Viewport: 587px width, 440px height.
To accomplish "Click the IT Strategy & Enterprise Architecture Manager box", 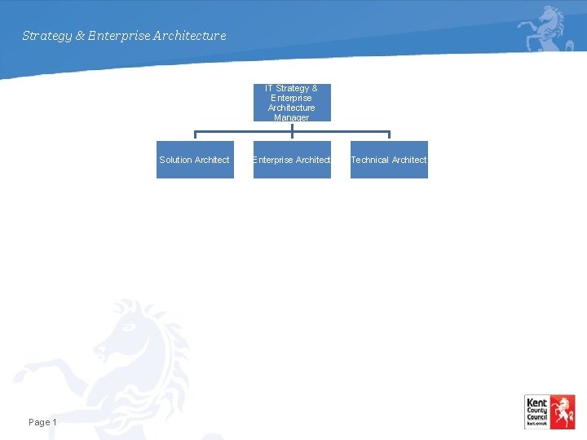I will (x=292, y=103).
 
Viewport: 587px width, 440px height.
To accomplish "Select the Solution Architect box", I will (x=195, y=160).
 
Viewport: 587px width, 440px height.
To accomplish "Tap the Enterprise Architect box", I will (x=292, y=160).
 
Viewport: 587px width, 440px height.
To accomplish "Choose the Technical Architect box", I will (x=389, y=160).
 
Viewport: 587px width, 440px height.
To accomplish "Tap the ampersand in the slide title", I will (x=80, y=36).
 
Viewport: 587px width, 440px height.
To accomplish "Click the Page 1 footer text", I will (x=42, y=422).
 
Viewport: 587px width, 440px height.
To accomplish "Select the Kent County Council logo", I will (x=549, y=412).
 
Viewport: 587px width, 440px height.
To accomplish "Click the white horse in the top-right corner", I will (x=546, y=28).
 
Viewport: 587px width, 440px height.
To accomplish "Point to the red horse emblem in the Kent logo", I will (x=562, y=411).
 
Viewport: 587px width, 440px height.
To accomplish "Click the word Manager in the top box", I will (x=292, y=117).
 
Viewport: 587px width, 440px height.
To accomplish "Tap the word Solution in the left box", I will (x=175, y=160).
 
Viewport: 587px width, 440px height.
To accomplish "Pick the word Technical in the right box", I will (x=369, y=160).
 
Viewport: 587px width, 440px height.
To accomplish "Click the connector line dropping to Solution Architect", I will (x=195, y=135).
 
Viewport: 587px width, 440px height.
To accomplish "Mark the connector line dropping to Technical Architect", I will (x=389, y=135).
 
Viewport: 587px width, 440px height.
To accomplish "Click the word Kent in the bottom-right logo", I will (x=536, y=403).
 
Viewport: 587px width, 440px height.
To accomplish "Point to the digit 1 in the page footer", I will (x=54, y=422).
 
